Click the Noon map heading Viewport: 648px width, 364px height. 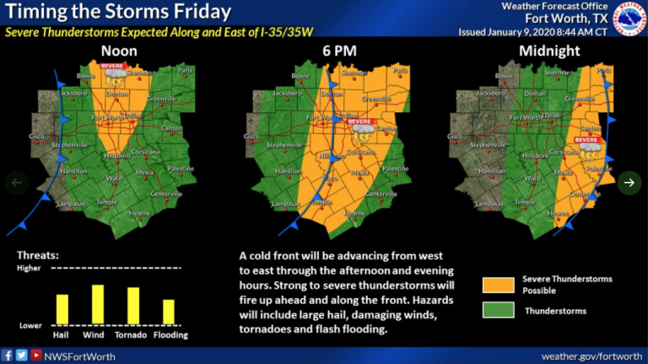click(119, 51)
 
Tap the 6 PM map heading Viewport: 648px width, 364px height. click(337, 51)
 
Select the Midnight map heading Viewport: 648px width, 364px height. click(550, 51)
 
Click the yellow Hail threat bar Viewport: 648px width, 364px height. click(62, 308)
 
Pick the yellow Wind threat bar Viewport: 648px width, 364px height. click(97, 304)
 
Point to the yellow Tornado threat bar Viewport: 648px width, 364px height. click(132, 306)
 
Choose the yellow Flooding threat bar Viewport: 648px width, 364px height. click(168, 312)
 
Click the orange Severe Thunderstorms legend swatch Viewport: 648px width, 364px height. click(498, 284)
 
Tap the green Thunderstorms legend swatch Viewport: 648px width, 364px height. click(498, 310)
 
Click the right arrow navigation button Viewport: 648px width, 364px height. click(629, 182)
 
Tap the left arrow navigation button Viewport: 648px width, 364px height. click(18, 182)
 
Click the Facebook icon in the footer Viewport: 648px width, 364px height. click(8, 356)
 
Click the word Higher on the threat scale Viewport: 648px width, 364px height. click(29, 268)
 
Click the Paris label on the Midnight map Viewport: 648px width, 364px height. click(603, 72)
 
